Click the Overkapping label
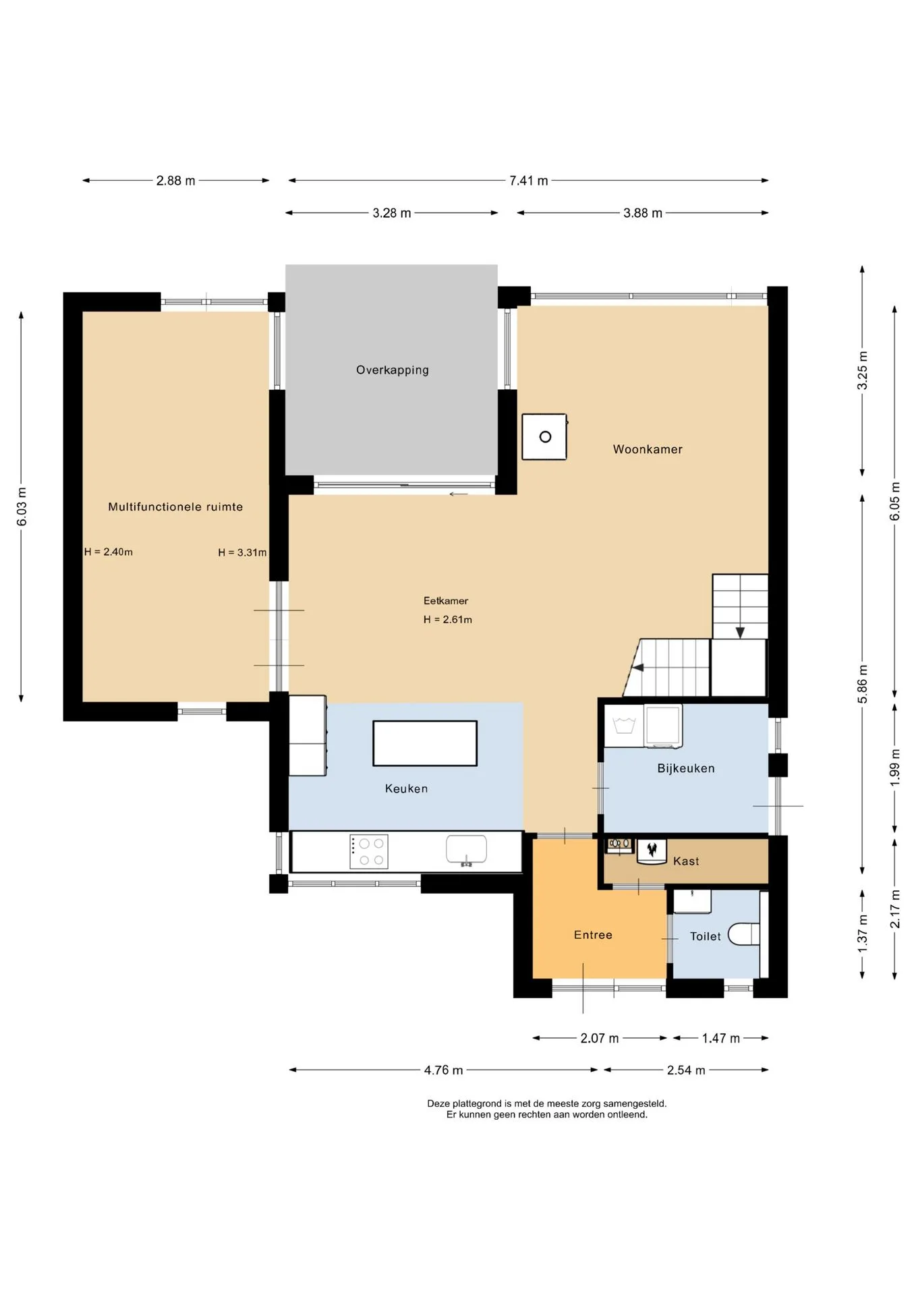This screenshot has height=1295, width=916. pos(392,370)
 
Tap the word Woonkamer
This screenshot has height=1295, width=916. pos(648,449)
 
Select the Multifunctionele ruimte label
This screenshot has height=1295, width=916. pos(175,507)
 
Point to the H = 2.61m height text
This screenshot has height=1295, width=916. pos(448,619)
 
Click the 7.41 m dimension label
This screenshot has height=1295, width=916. pos(529,181)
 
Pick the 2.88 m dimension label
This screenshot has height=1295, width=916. pos(176,181)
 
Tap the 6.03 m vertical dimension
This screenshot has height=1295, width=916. pos(22,507)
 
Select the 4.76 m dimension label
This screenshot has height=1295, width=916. pos(444,1070)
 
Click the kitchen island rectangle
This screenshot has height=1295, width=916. pos(425,743)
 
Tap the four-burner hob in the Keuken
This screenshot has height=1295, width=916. pos(369,851)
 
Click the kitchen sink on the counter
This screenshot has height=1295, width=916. pos(466,850)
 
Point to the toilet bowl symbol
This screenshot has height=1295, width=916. pos(744,934)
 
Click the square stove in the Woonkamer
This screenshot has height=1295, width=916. pos(544,437)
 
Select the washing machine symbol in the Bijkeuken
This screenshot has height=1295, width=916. pos(663,726)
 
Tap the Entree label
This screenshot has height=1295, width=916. pos(593,935)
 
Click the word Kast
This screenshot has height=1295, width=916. pos(686,861)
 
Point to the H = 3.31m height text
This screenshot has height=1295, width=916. pos(242,552)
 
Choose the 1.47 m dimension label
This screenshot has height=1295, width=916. pos(721,1038)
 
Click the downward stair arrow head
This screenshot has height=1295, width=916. pos(740,633)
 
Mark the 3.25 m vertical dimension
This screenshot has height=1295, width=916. pos(863,370)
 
